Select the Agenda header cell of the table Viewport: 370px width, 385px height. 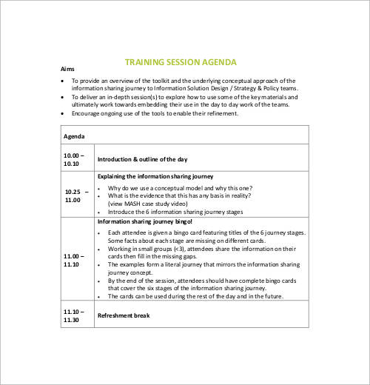[74, 136]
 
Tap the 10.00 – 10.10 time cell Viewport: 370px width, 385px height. [74, 158]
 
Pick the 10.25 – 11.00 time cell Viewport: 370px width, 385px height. [75, 195]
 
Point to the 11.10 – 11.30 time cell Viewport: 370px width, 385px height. [74, 316]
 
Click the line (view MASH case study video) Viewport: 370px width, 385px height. [154, 202]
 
